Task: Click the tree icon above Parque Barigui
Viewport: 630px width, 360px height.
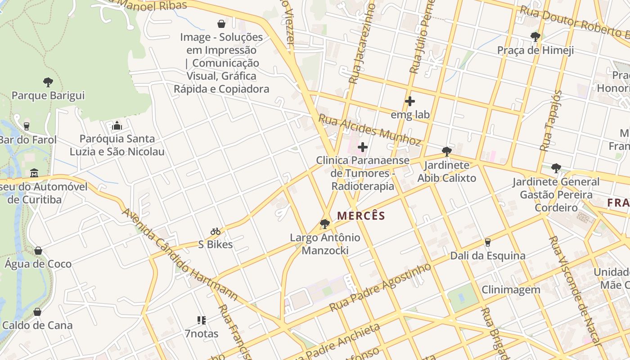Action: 48,82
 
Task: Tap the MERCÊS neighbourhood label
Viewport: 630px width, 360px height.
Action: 361,216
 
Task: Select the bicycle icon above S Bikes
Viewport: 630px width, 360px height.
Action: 216,231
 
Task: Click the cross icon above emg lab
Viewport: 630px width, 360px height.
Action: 409,101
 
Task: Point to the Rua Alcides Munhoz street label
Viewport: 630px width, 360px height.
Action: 370,130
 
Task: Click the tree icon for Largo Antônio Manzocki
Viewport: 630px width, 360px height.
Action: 324,224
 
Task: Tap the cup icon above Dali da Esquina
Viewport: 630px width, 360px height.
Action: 487,242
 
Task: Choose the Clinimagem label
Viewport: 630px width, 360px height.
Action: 511,289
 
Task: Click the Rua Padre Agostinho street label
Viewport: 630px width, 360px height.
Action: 380,288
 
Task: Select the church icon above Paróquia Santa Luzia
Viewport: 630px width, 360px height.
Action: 117,125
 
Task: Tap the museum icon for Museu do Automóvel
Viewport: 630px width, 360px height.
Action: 34,173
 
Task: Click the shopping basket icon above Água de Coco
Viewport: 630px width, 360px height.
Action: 38,250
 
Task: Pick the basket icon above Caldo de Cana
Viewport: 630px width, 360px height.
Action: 37,311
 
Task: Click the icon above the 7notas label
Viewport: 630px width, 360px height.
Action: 201,320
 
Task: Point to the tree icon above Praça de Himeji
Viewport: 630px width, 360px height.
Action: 535,36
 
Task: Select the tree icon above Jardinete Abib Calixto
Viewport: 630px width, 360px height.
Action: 446,151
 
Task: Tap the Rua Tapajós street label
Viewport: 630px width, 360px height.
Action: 551,120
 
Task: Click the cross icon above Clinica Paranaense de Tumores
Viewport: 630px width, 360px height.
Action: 362,147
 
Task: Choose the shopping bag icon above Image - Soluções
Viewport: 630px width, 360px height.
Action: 221,23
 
